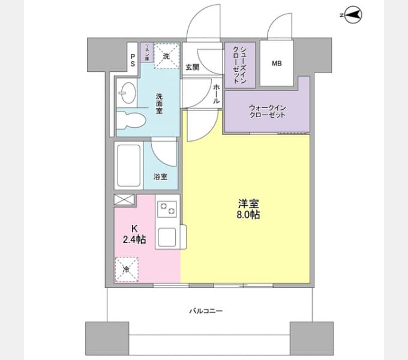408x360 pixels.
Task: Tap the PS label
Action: click(x=132, y=58)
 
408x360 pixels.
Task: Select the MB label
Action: click(x=277, y=63)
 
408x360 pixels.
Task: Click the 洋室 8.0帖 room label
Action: click(x=248, y=209)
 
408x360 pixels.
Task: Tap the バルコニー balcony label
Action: click(x=206, y=311)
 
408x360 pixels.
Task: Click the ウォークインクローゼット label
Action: click(x=267, y=111)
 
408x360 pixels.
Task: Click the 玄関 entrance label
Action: click(x=192, y=67)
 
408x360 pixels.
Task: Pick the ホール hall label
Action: click(x=216, y=94)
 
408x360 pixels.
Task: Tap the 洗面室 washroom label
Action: click(x=160, y=103)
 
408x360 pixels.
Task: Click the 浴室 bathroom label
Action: click(x=160, y=176)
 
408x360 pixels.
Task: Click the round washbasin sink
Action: click(x=127, y=93)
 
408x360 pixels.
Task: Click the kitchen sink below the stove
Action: click(x=167, y=237)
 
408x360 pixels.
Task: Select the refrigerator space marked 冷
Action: click(x=127, y=269)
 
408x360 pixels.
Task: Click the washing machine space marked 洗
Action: click(x=166, y=55)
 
